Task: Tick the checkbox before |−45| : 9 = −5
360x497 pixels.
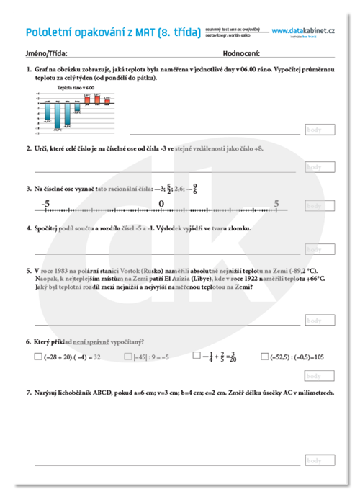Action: tap(127, 356)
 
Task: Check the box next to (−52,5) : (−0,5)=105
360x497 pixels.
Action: tap(265, 356)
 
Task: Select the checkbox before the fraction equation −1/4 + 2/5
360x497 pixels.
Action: tap(197, 356)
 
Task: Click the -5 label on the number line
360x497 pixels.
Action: tap(45, 204)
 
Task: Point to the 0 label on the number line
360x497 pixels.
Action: tap(161, 204)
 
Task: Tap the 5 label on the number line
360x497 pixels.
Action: tap(276, 204)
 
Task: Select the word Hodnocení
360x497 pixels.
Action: tap(241, 53)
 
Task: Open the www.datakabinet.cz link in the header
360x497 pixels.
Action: tap(302, 30)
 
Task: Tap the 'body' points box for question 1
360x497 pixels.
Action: tap(320, 130)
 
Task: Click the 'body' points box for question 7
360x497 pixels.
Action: tap(320, 460)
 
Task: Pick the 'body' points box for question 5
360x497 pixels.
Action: tap(320, 320)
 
